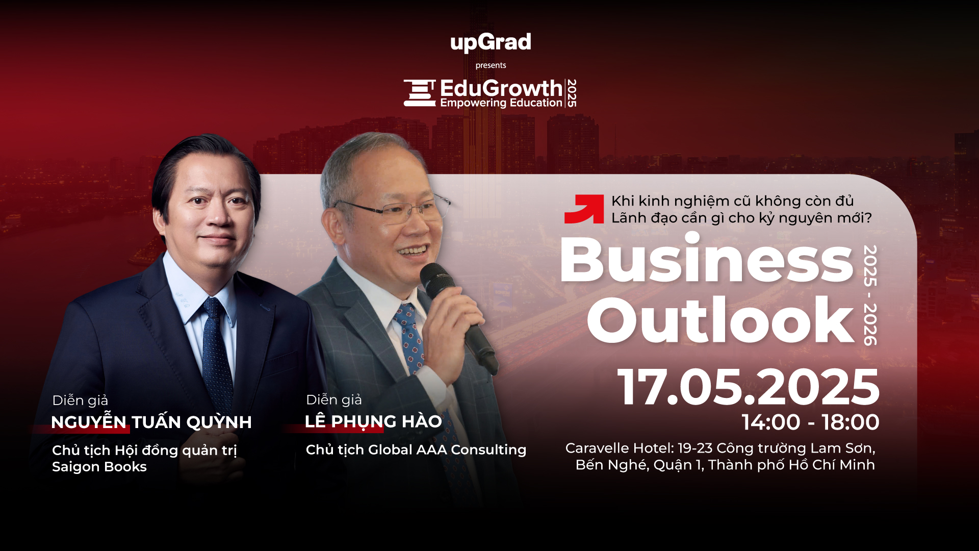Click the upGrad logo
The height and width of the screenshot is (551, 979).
[x=491, y=42]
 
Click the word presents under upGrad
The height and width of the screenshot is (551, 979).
[x=491, y=65]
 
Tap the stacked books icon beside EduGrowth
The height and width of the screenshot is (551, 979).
[x=420, y=93]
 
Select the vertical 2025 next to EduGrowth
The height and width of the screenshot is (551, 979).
[x=572, y=93]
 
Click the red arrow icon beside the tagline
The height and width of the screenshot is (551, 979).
[x=584, y=209]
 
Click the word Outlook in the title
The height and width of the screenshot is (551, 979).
[x=721, y=320]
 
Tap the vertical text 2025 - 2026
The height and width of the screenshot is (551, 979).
[x=870, y=295]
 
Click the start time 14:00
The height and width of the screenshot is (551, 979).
[x=771, y=422]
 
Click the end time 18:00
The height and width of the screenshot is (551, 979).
[x=851, y=422]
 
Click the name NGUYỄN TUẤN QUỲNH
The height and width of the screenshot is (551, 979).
[x=151, y=422]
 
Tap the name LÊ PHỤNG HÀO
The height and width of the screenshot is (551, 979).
[x=373, y=421]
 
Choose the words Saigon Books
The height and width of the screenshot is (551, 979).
[x=99, y=467]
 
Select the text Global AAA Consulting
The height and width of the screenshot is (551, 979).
[x=447, y=449]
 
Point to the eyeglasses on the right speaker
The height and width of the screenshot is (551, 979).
[x=393, y=208]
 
